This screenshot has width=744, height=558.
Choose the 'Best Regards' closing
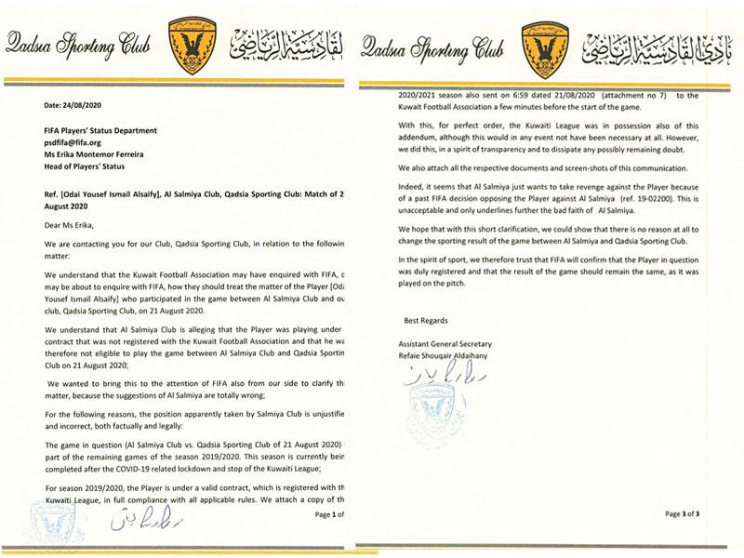430,320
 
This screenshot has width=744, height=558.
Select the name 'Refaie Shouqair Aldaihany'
453,357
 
